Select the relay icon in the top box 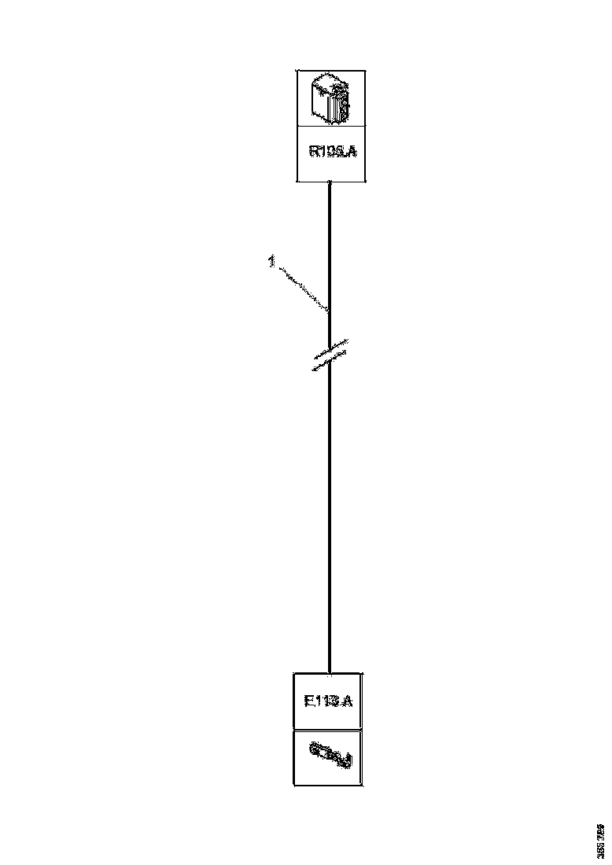pos(330,98)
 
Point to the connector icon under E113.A pos(330,757)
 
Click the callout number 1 pos(271,261)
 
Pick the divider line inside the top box pos(330,126)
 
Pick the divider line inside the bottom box pos(329,729)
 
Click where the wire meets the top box pos(330,182)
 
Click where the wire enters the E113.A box pos(330,672)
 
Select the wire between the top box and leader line pos(330,244)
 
